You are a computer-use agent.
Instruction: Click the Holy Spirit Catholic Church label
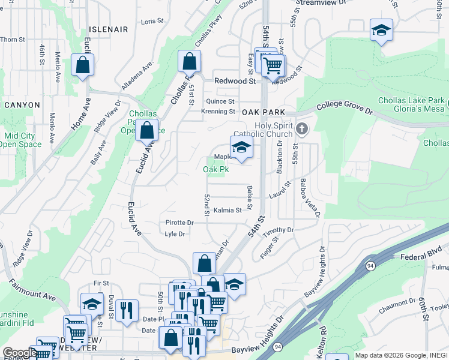coord(274,130)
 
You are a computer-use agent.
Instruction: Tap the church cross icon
coord(303,128)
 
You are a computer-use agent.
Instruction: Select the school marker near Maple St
coord(241,147)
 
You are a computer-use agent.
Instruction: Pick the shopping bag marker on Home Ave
coord(82,65)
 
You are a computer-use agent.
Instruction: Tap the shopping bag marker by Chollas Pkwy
coord(189,61)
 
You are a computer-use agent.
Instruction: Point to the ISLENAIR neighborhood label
coord(109,29)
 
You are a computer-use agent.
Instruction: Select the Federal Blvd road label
coord(421,251)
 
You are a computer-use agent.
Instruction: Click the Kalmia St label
coord(228,211)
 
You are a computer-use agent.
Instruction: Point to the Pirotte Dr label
coord(179,223)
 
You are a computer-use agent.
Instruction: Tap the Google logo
coord(19,353)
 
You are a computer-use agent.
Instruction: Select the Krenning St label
coord(218,111)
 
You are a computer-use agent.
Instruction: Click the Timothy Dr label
coord(281,230)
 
